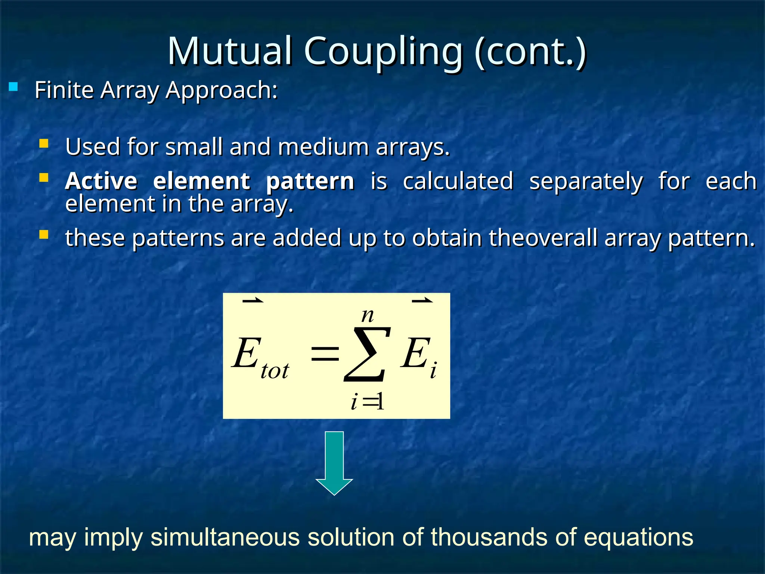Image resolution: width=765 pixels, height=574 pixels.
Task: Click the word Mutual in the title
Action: (229, 51)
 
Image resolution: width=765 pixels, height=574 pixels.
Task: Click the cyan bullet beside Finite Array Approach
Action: (13, 87)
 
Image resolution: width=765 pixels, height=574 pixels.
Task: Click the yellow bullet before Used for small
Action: (44, 143)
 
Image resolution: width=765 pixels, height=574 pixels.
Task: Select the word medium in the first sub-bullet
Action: (323, 147)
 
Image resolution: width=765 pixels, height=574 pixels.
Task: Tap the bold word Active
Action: (101, 181)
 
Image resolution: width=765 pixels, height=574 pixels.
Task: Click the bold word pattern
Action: (310, 182)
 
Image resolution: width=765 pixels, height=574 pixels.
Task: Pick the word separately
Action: (586, 182)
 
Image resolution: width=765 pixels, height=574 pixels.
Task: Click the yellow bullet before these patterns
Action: (44, 235)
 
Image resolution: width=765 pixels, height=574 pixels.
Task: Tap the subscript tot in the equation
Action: (275, 371)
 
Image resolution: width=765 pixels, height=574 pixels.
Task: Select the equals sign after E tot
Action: (325, 354)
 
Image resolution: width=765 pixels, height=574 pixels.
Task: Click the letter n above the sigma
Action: (367, 316)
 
